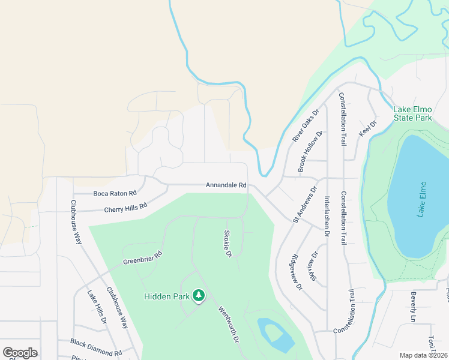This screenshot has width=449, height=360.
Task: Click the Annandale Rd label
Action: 226,185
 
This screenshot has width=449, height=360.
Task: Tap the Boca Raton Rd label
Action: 115,193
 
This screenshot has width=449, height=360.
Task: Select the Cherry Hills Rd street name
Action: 125,208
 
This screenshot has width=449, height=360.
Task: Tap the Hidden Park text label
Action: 167,296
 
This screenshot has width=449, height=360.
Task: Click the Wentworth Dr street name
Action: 228,327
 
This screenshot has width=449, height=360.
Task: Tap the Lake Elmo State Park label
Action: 413,113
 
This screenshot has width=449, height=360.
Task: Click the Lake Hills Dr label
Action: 97,308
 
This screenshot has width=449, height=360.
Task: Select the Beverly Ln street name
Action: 414,307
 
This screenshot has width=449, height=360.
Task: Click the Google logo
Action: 20,353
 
